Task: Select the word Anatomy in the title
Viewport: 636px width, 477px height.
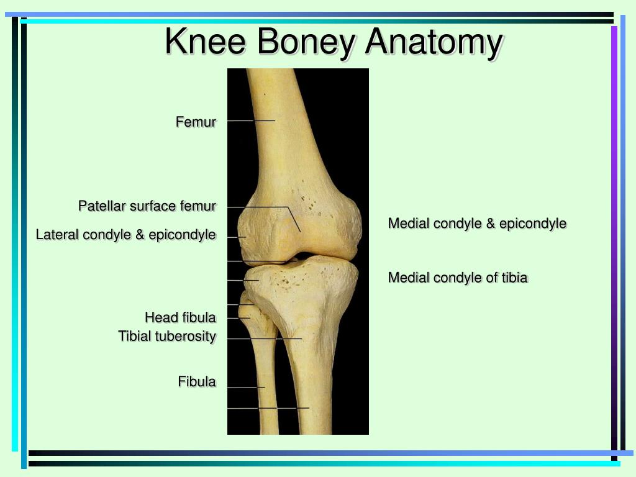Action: [x=434, y=42]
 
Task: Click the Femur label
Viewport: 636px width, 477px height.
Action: [x=196, y=122]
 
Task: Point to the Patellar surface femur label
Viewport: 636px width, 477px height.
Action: [x=147, y=206]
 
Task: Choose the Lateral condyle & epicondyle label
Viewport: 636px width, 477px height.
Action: [x=126, y=235]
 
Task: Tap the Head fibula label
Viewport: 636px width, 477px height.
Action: [x=180, y=317]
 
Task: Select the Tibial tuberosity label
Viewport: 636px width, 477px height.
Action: [x=167, y=336]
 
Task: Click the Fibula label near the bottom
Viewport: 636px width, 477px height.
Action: [x=197, y=381]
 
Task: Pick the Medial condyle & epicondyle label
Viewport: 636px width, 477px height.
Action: [x=477, y=223]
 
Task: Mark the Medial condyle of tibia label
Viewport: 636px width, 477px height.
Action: [x=458, y=278]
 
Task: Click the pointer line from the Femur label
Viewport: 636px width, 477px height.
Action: [x=251, y=120]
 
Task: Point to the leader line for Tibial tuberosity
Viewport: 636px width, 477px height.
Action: [x=265, y=339]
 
